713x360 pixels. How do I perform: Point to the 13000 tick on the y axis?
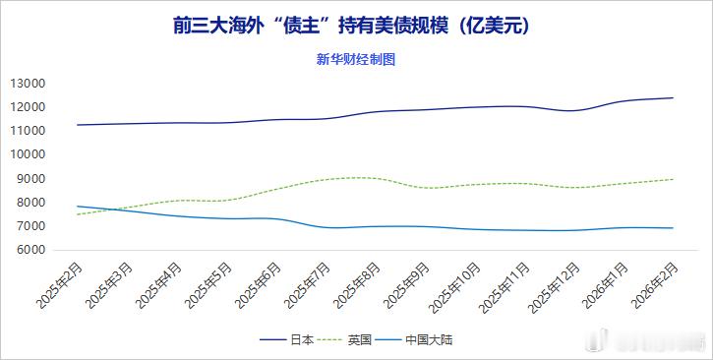pyautogui.click(x=28, y=83)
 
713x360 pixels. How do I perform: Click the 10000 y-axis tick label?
pyautogui.click(x=28, y=154)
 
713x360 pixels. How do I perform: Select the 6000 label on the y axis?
pyautogui.click(x=30, y=250)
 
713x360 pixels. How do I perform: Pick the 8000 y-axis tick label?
pyautogui.click(x=30, y=203)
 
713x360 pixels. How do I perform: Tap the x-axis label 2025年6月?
pyautogui.click(x=258, y=286)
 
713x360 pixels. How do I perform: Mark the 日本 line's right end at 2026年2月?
pyautogui.click(x=673, y=97)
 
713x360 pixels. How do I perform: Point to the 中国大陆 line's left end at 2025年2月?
pyautogui.click(x=77, y=207)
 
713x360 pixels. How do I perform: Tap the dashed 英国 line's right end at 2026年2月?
pyautogui.click(x=673, y=179)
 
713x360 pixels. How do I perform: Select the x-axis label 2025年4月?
pyautogui.click(x=158, y=286)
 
